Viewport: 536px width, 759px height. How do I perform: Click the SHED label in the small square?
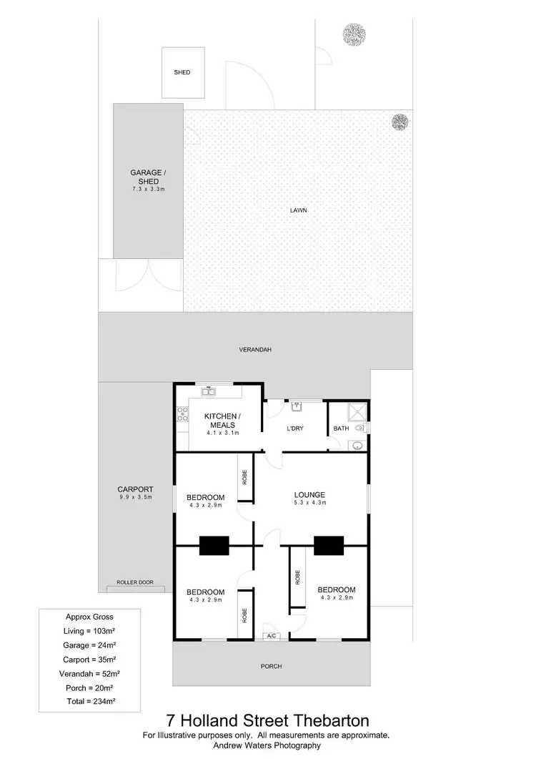click(x=182, y=72)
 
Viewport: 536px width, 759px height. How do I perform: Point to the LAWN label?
click(x=298, y=210)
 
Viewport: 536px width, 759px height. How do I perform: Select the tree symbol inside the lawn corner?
click(x=400, y=122)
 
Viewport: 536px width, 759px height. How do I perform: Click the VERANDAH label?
click(x=255, y=350)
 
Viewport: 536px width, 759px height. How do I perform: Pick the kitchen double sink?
click(x=209, y=391)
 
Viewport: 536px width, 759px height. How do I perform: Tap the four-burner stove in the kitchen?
click(x=182, y=413)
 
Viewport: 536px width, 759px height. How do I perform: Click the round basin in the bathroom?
click(x=356, y=445)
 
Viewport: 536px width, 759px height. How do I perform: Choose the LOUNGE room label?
click(x=309, y=494)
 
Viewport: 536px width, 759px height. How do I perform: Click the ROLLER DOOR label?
click(x=135, y=582)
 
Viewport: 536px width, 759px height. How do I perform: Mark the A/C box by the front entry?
click(x=272, y=636)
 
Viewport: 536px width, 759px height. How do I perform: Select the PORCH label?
click(x=271, y=666)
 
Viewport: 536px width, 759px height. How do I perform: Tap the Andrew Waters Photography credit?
click(x=268, y=745)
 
